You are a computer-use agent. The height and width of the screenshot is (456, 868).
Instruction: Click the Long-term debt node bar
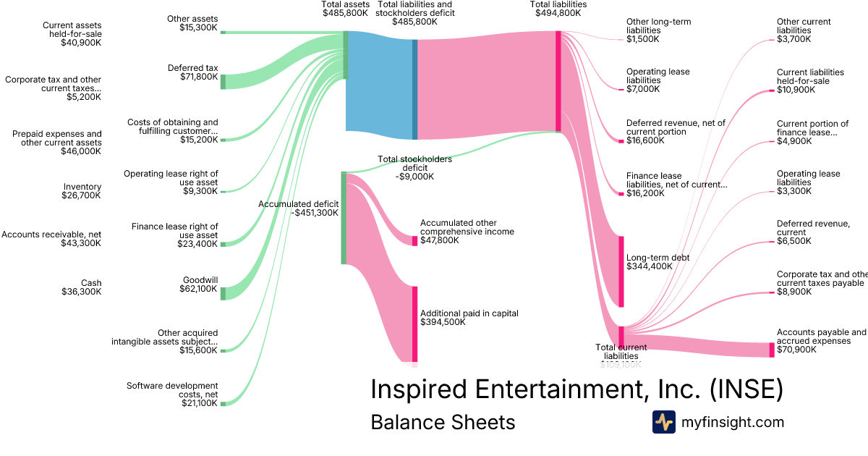621,271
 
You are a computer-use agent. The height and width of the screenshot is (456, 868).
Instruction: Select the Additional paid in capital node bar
415,324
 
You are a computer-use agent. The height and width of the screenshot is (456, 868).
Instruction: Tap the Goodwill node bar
223,292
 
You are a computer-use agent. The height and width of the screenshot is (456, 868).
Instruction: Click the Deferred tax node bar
223,81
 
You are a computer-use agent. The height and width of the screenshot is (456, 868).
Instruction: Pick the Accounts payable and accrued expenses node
771,350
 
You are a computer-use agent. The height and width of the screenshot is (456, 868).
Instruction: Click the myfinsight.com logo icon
663,422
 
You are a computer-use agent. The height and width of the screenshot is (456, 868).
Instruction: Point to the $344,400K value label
649,266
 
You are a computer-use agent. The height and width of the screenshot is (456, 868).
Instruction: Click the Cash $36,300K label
81,287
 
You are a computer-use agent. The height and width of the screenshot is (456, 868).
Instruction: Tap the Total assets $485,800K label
345,9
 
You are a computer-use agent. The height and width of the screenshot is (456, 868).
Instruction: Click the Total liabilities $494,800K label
558,9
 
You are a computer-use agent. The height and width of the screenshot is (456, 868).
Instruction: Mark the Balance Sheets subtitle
443,422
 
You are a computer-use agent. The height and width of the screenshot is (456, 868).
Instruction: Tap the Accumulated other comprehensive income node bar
415,240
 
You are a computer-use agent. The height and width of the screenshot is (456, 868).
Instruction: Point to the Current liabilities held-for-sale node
771,91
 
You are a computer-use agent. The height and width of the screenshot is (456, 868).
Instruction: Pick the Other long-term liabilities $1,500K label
658,30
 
